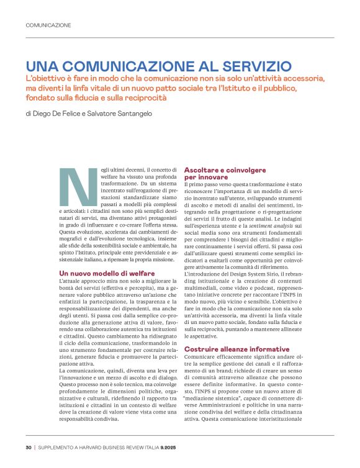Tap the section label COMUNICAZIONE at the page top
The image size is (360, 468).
(48, 25)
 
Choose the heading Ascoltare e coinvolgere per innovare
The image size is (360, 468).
(225, 173)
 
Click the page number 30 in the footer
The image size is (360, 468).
(29, 447)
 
